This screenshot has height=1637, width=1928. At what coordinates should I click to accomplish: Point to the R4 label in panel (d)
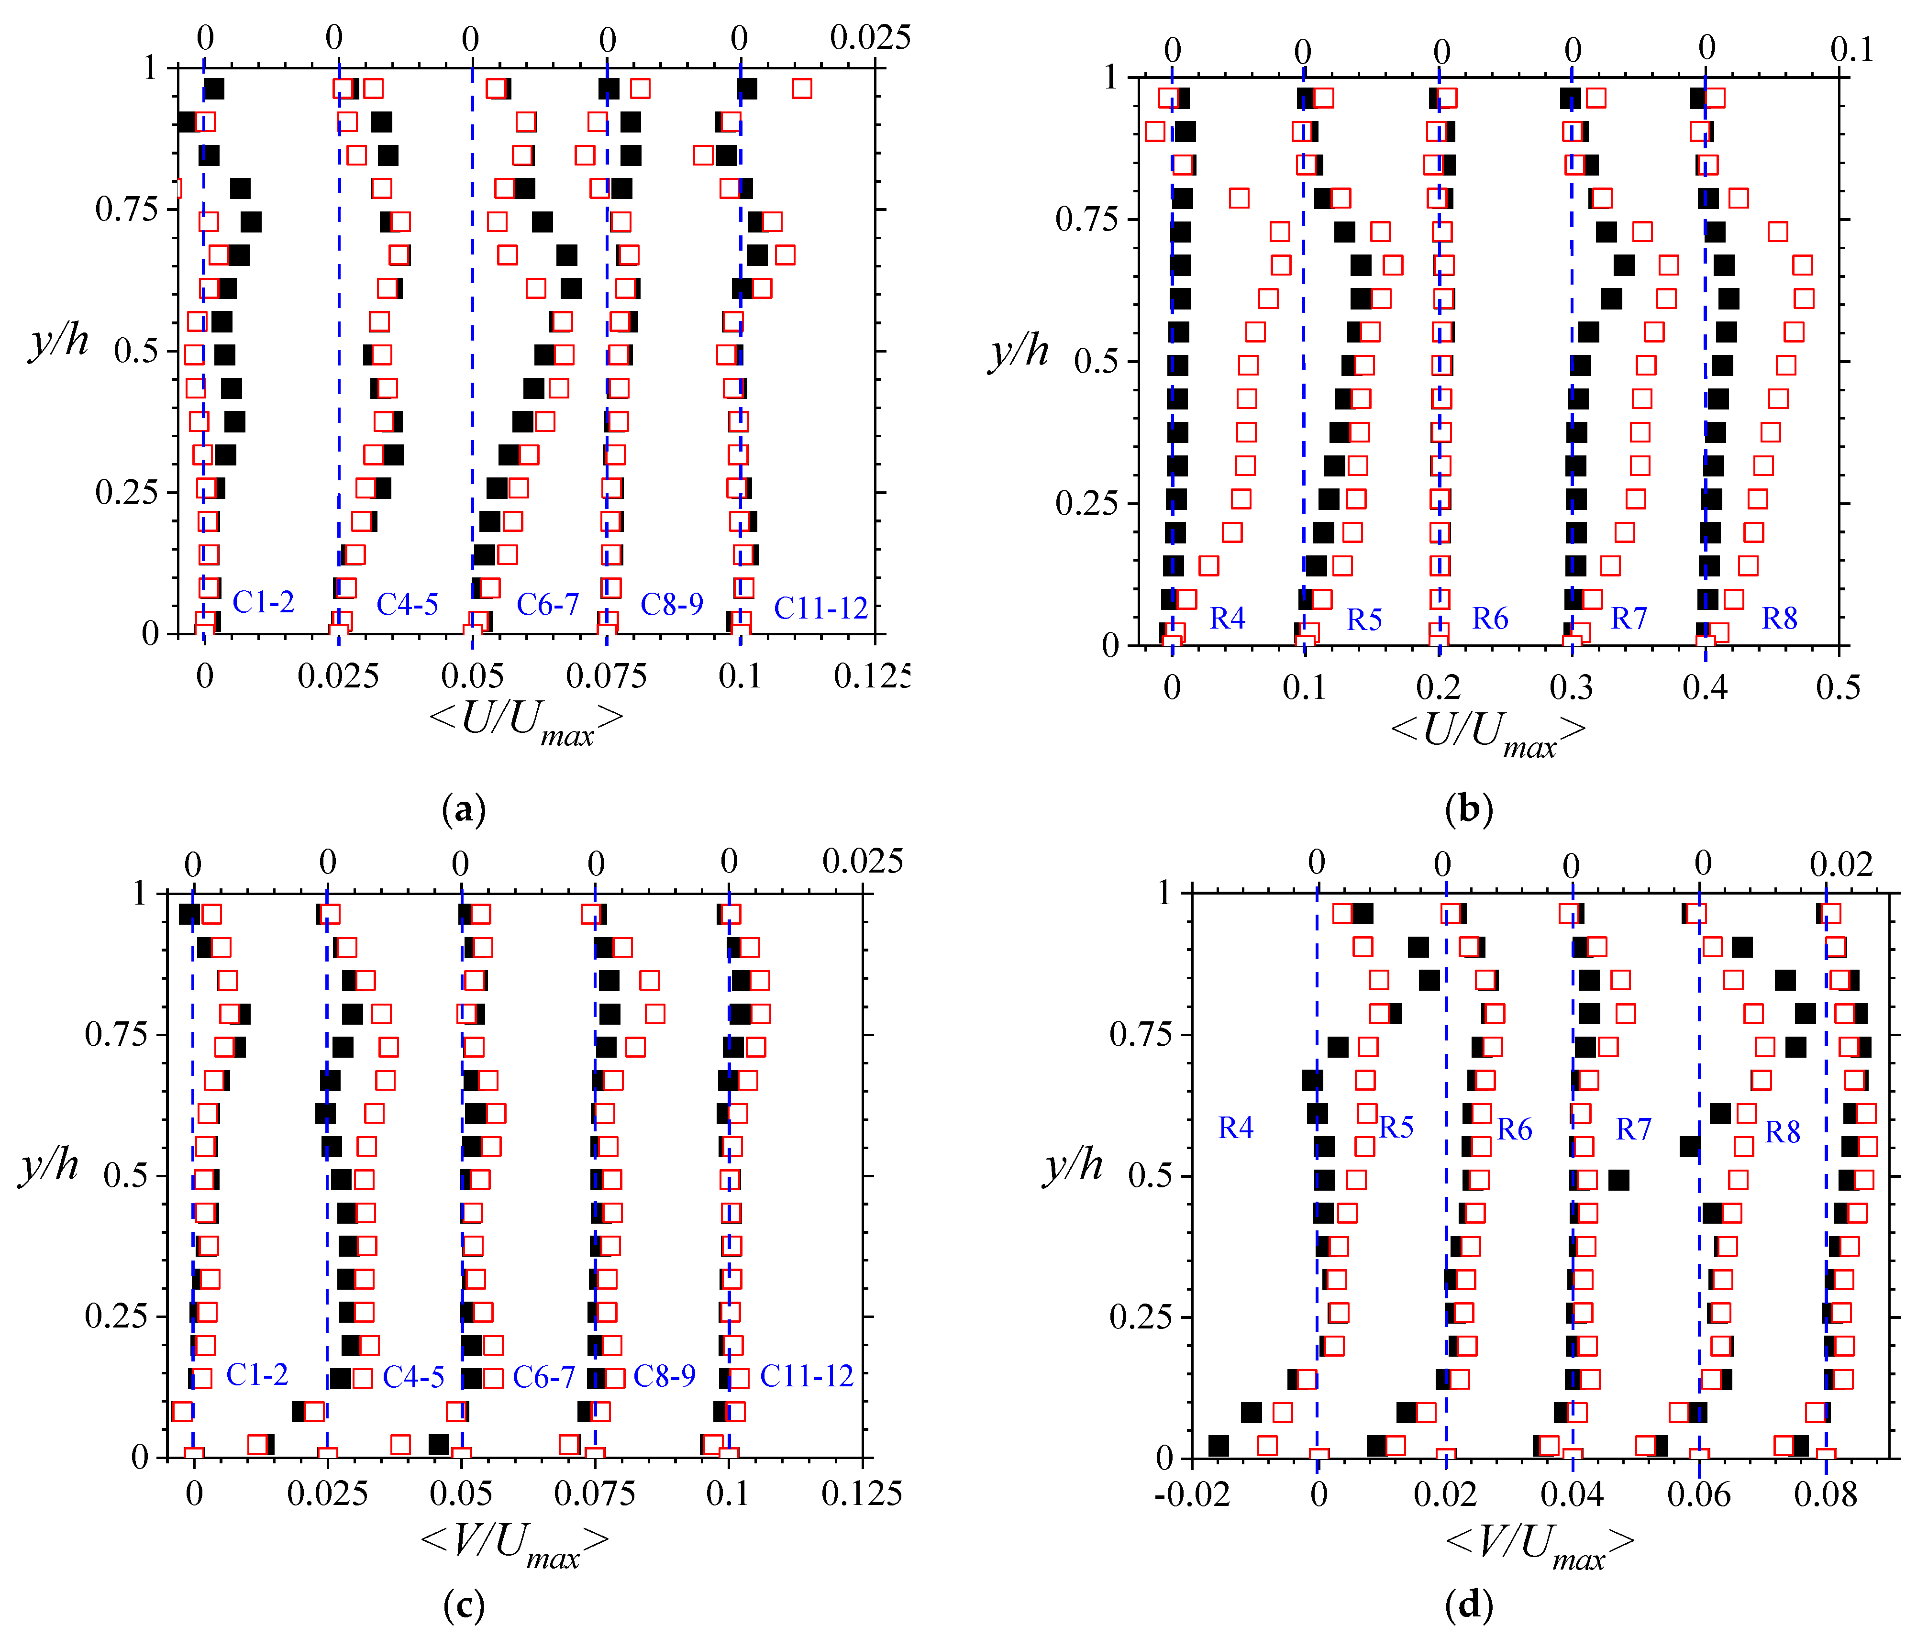[1235, 1128]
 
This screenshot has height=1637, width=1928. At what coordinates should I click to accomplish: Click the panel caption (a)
[464, 809]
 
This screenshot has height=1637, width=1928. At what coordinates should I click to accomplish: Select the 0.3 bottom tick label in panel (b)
[1571, 687]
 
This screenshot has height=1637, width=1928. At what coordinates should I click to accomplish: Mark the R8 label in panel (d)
[1782, 1132]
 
